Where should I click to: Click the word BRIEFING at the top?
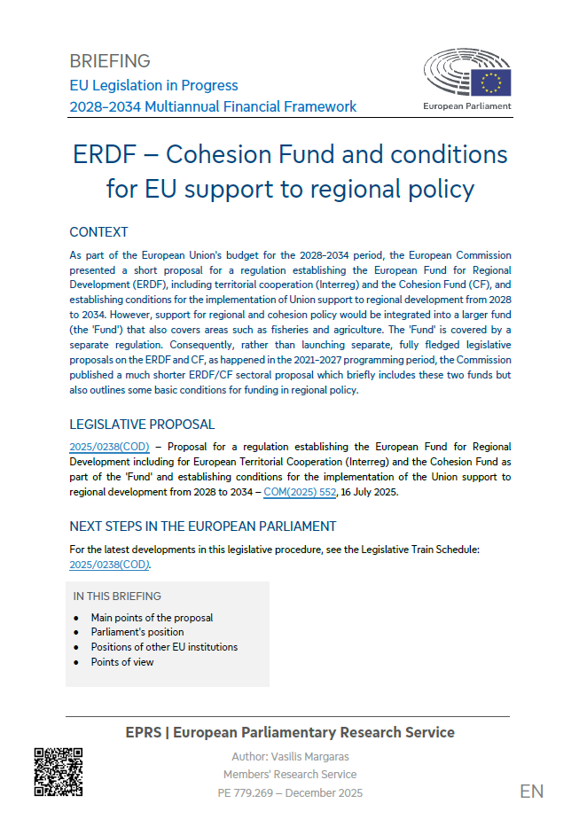tap(110, 61)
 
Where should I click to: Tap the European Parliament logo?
tap(467, 80)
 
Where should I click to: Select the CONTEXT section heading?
tap(98, 232)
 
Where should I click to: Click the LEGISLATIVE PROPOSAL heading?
tap(142, 425)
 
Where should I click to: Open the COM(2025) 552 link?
tap(300, 492)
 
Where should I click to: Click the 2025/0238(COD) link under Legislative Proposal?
tap(109, 447)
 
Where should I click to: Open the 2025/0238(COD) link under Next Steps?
tap(109, 564)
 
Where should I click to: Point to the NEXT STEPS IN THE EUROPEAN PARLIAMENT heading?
tap(203, 526)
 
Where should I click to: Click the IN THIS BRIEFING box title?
tap(117, 597)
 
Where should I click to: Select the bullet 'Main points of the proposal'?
tap(152, 618)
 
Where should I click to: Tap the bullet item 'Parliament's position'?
tap(137, 632)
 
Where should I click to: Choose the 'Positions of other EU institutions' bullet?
tap(164, 647)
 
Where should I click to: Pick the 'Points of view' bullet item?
tap(122, 662)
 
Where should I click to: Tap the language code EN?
tap(532, 792)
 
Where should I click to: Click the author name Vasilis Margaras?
tap(289, 756)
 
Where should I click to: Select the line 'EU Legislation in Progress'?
tap(154, 85)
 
